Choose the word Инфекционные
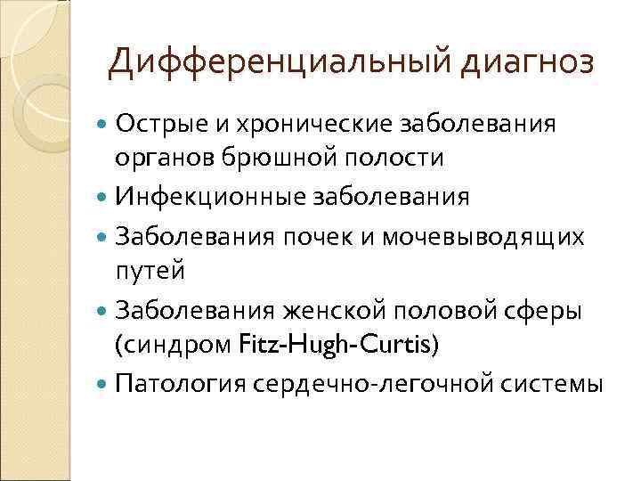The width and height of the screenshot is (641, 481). pos(211,196)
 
